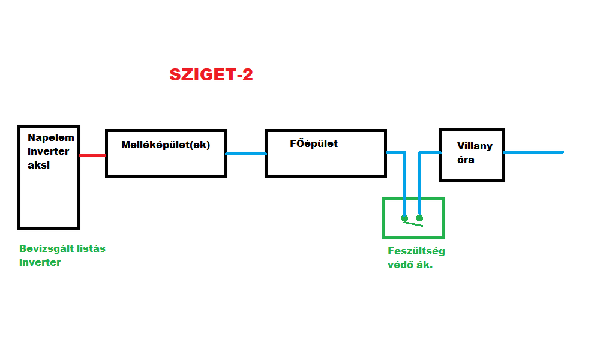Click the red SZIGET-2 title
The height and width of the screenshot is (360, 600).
[x=211, y=74]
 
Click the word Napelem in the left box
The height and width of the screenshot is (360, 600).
[x=51, y=137]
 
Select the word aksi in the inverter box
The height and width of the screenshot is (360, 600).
[x=38, y=165]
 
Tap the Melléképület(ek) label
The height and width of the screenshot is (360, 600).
[x=166, y=145]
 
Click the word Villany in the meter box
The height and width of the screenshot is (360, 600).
[x=475, y=146]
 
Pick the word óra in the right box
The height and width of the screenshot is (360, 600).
[x=466, y=160]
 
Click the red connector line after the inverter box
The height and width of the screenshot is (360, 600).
[x=92, y=155]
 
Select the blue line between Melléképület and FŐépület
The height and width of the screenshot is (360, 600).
[x=246, y=154]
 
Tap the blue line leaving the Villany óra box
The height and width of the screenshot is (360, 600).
[x=533, y=152]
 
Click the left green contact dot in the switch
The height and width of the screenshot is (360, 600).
[x=404, y=218]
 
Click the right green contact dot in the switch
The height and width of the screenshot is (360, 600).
[x=419, y=218]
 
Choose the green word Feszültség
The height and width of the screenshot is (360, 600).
[x=416, y=251]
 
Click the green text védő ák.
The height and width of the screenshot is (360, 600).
[x=410, y=265]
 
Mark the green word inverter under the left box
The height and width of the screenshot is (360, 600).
[x=40, y=262]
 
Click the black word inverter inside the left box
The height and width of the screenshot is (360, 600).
[x=48, y=151]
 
